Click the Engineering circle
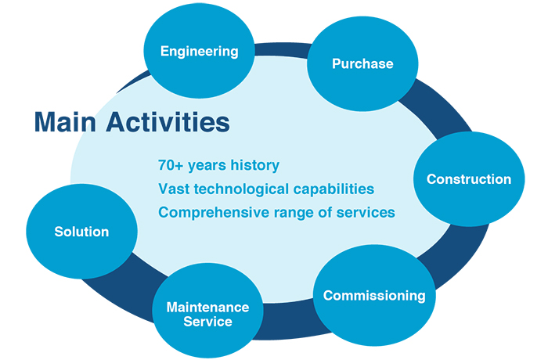[199, 52]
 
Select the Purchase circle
[362, 63]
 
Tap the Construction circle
[468, 179]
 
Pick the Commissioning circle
[373, 296]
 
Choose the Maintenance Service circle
[207, 313]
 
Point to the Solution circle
[81, 232]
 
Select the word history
[254, 166]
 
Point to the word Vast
[174, 189]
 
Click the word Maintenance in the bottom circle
[207, 307]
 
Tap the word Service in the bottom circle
[207, 321]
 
